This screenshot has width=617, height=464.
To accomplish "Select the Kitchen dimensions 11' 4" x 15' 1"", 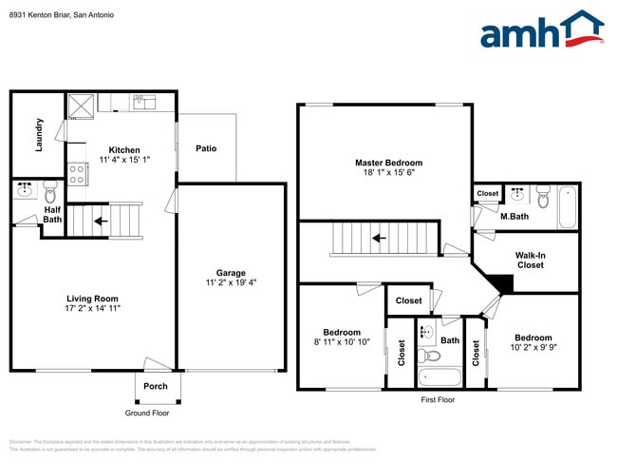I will [x=124, y=161].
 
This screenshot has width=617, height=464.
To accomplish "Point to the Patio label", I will [x=206, y=148].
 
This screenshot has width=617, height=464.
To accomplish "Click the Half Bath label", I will [x=52, y=215].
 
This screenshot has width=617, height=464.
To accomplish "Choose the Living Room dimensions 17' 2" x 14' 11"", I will [x=92, y=308].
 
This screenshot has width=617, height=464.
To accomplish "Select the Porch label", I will [x=155, y=386].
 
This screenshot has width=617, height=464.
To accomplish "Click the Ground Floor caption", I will [x=147, y=413].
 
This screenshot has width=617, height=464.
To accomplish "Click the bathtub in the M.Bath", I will [x=567, y=205].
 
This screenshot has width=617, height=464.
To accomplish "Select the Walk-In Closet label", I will [x=530, y=261].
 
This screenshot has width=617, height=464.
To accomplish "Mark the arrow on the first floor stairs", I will [x=379, y=238].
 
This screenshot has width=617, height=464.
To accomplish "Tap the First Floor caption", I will [x=438, y=399].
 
